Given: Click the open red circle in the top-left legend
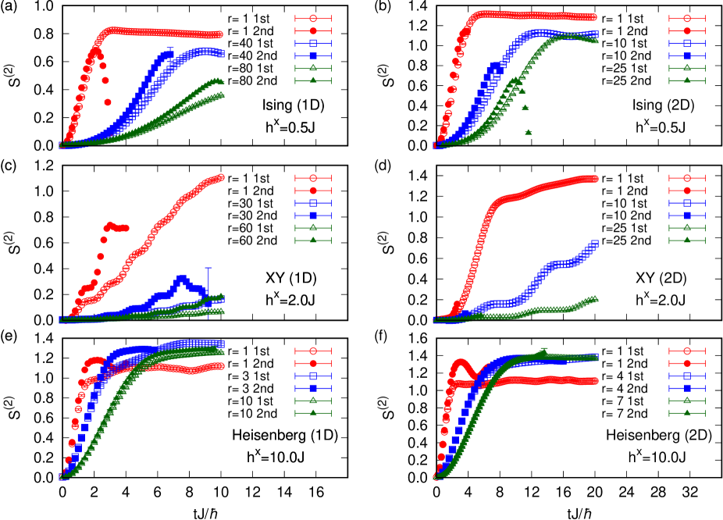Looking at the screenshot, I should click(x=313, y=19).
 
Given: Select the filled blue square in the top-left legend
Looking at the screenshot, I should click(x=313, y=56).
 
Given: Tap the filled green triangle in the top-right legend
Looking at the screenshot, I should click(x=687, y=81).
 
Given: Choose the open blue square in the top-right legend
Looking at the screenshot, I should click(x=687, y=44).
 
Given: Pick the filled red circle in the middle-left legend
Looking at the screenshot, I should click(x=313, y=191).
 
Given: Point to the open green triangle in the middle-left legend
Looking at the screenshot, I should click(x=313, y=228).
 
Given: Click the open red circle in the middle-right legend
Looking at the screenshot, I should click(x=687, y=178).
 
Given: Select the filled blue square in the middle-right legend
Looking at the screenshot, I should click(x=687, y=215).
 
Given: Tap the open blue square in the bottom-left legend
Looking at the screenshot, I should click(x=313, y=376).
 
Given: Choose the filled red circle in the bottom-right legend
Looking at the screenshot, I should click(x=687, y=363).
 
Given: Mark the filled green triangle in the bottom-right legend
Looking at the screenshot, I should click(x=687, y=413).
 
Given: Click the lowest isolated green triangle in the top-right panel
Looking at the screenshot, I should click(x=529, y=132).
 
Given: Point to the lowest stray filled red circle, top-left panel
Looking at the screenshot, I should click(x=108, y=102).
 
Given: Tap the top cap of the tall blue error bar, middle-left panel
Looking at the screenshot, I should click(x=208, y=268).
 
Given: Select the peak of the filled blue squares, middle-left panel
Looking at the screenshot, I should click(x=181, y=278).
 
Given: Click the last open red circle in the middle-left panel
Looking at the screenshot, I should click(x=221, y=177).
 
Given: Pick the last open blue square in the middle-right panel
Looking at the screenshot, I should click(x=596, y=244).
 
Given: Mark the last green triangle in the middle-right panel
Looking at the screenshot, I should click(x=596, y=299).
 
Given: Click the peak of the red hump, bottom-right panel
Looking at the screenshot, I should click(x=460, y=362).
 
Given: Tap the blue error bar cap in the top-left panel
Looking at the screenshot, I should click(x=171, y=48).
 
